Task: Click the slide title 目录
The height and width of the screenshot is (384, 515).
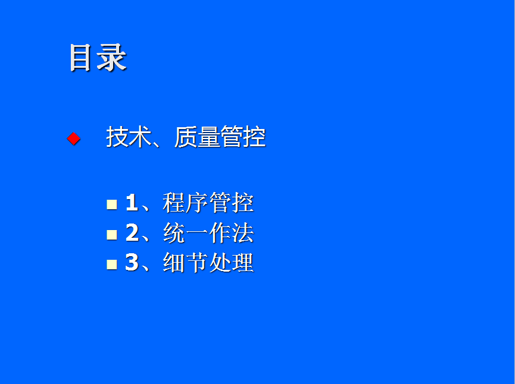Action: [98, 58]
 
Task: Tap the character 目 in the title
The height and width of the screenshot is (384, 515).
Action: [80, 58]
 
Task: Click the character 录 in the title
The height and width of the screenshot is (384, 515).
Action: [112, 58]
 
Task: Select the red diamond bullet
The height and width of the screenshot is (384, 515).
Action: [74, 139]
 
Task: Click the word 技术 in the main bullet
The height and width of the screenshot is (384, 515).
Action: [129, 137]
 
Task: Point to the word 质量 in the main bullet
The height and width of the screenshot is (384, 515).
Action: [196, 137]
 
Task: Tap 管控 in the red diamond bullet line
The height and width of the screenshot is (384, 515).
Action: [243, 137]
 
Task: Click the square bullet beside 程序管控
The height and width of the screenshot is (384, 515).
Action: [112, 204]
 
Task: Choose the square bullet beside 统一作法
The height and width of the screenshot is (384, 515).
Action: [112, 234]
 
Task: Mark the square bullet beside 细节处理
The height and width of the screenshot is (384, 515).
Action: [112, 265]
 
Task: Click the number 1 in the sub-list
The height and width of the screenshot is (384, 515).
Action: [132, 202]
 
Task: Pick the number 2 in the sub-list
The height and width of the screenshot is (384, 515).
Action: [132, 232]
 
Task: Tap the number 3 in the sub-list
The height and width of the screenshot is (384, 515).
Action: [132, 262]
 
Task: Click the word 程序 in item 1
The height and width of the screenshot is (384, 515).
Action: [186, 202]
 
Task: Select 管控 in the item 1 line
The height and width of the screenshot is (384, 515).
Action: [231, 202]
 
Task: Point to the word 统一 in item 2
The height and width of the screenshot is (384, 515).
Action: [186, 232]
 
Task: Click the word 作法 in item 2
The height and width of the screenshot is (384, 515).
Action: [231, 232]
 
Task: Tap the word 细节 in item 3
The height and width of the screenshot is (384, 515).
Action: [186, 262]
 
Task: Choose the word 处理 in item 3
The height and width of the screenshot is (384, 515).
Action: [231, 262]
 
